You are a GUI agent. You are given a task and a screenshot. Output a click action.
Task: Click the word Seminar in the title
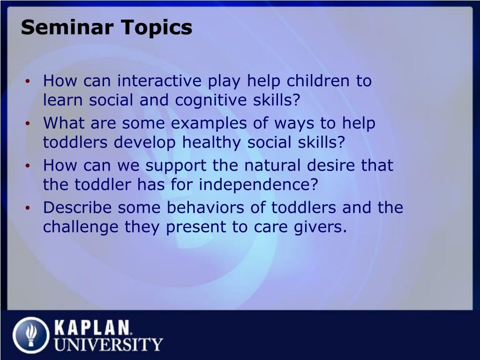[67, 27]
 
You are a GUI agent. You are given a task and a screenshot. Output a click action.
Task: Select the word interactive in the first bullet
[159, 81]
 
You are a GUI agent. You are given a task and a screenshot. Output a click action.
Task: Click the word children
[318, 81]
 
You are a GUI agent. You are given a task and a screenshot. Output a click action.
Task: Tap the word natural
[272, 165]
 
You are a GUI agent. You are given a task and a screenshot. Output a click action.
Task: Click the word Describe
[77, 208]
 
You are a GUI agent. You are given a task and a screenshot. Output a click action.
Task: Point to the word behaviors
[205, 208]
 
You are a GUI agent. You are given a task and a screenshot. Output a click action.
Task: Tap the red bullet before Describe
[28, 208]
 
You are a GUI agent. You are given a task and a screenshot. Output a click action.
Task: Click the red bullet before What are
[28, 124]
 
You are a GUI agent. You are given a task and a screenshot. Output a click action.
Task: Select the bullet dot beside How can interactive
[28, 82]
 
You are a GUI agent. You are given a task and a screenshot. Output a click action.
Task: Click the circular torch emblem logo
[31, 335]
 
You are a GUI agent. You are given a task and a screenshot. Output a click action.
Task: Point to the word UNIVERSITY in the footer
[109, 345]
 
